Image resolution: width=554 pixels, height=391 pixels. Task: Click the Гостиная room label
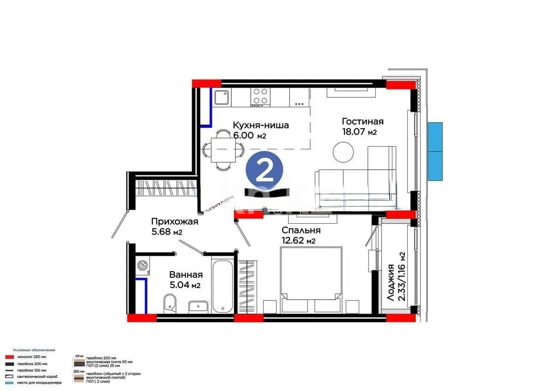coord(362,122)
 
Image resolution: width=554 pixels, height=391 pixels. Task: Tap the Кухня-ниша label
coord(261,125)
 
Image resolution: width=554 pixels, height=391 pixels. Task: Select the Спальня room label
coord(301,230)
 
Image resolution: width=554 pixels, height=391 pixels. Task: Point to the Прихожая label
coord(175,222)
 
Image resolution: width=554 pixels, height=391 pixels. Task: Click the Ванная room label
coord(185,275)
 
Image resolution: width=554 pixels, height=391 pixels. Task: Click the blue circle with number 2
coord(264,171)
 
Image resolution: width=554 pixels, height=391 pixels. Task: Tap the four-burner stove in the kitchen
coord(260,96)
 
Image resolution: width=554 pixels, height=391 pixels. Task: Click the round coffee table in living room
coord(343,152)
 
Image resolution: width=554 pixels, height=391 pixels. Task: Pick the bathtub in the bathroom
coord(223,285)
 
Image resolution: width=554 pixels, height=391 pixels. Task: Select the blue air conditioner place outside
coord(435,151)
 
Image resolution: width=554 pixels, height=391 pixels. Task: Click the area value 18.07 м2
coord(360,132)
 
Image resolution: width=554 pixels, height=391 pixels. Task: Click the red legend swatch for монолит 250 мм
coord(9,356)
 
